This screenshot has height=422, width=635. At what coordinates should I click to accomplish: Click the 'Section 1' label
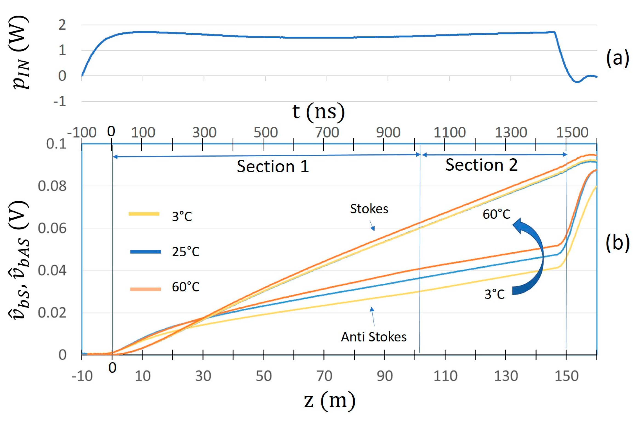[x=273, y=166]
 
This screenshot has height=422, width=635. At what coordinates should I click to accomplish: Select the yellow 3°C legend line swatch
[x=144, y=214]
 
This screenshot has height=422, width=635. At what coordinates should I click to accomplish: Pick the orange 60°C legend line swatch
[x=145, y=289]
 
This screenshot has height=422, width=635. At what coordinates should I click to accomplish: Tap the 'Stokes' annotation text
[x=369, y=209]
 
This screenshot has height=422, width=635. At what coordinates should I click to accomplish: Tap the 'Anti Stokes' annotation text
[x=373, y=337]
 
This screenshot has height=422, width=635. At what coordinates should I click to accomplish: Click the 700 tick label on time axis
[x=327, y=133]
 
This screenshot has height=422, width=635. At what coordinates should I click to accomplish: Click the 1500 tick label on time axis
[x=572, y=133]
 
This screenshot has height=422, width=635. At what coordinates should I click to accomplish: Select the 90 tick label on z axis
[x=385, y=376]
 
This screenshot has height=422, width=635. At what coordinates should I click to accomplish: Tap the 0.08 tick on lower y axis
[x=52, y=186]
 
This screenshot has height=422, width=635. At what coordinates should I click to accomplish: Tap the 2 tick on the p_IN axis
[x=62, y=25]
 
